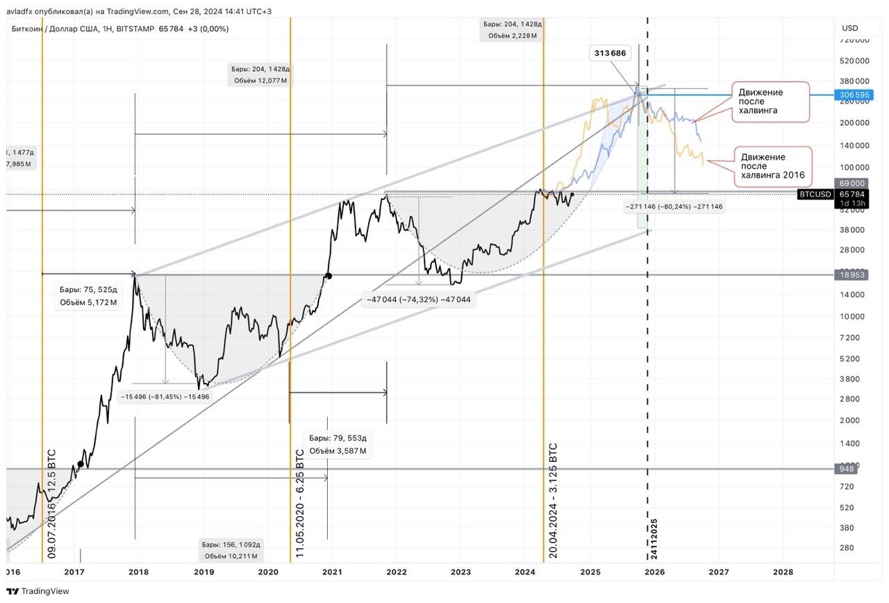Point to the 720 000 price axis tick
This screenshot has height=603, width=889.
(x=855, y=40)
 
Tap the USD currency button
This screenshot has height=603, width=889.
(x=850, y=28)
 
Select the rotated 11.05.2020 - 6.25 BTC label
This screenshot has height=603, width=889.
(x=300, y=502)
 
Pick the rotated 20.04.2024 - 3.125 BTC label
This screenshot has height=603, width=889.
(x=554, y=499)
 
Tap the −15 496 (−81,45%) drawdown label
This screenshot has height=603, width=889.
(x=165, y=397)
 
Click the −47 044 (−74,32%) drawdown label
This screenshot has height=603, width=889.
(x=419, y=299)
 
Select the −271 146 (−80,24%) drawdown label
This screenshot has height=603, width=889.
(x=674, y=206)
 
